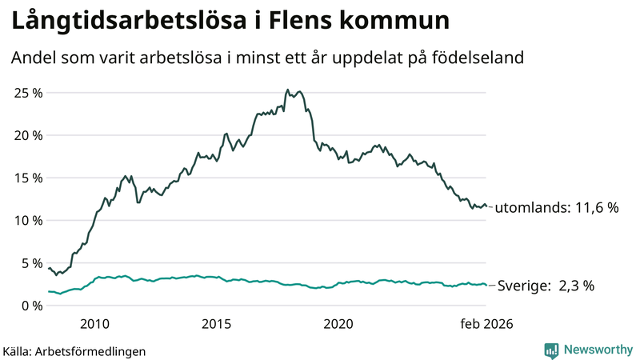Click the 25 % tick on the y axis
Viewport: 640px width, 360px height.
click(x=27, y=93)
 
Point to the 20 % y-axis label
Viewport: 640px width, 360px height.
click(x=27, y=135)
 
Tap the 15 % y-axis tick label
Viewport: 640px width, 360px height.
click(x=27, y=178)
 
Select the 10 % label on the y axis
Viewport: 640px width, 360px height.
click(x=27, y=220)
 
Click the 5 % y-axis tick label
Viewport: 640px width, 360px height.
click(x=30, y=262)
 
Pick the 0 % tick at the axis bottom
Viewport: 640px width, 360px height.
click(x=30, y=305)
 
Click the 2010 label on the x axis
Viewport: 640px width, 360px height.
click(x=94, y=324)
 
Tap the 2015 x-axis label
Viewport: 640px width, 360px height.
click(x=216, y=324)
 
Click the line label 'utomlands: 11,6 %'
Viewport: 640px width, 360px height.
click(x=558, y=207)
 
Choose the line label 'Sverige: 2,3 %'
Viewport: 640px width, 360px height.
click(x=546, y=286)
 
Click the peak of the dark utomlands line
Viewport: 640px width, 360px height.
click(x=287, y=90)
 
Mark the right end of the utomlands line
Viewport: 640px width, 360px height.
click(x=486, y=206)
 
